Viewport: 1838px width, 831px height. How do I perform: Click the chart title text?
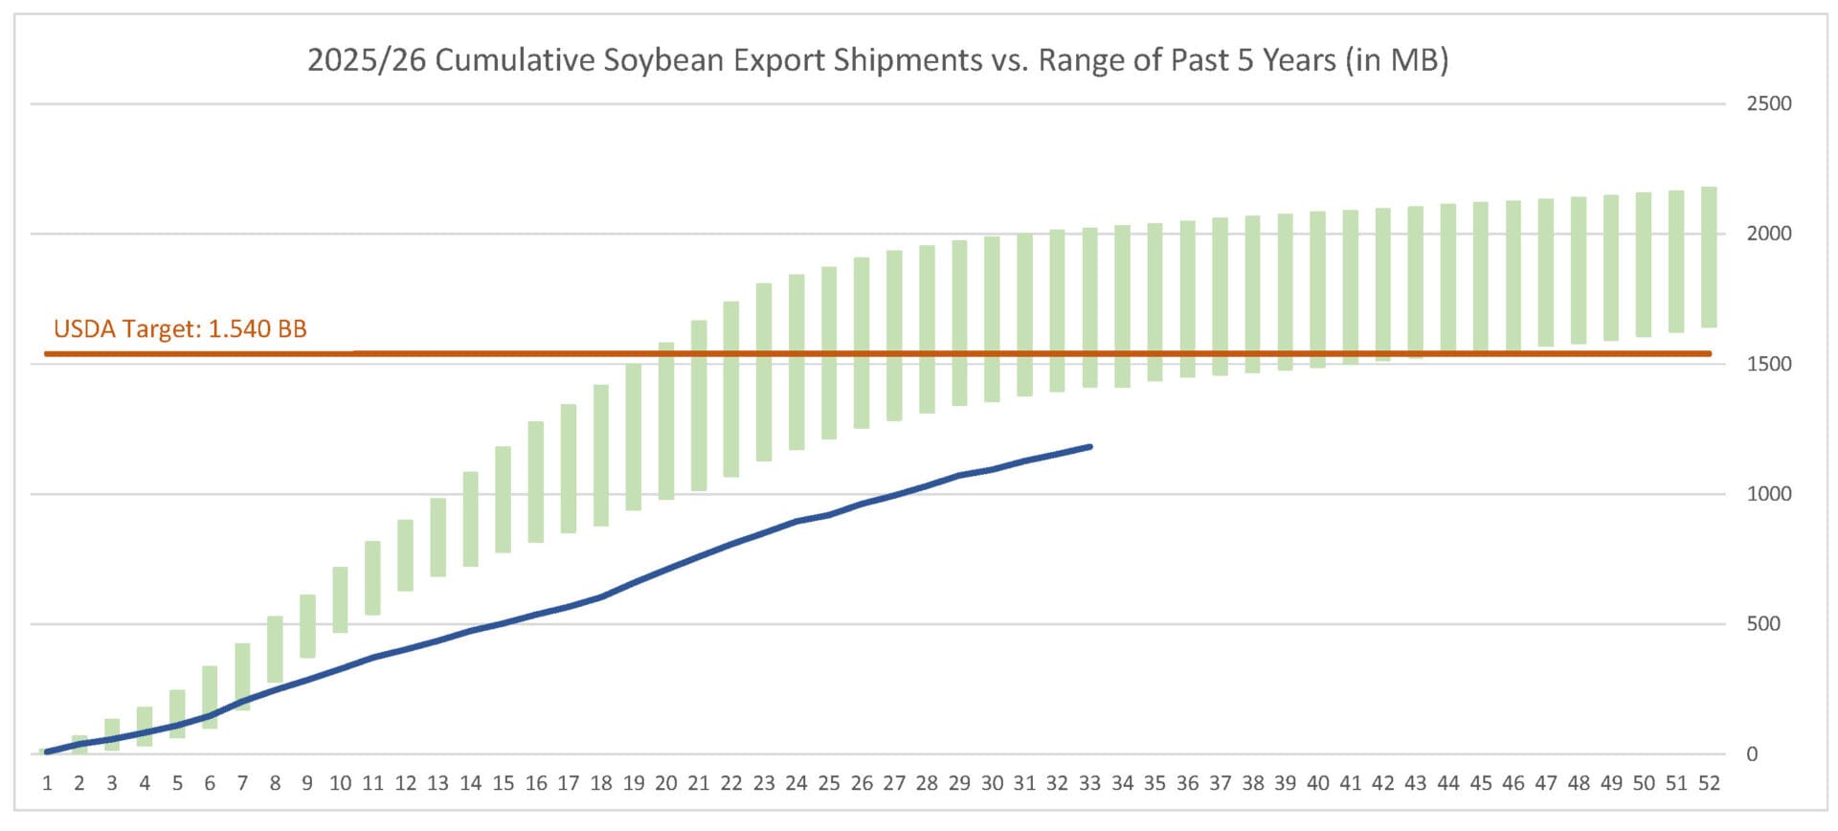pos(877,60)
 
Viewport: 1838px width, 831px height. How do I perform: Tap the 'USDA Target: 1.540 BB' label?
pos(180,329)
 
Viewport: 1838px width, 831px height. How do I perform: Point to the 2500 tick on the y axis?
pos(1768,103)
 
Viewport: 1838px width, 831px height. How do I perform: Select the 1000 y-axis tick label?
pos(1768,494)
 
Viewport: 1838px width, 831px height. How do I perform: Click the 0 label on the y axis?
pos(1752,754)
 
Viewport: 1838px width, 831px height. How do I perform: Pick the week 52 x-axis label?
pos(1709,783)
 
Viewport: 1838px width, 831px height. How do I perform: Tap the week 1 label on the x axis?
pos(47,783)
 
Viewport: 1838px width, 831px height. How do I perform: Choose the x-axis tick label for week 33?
pos(1089,783)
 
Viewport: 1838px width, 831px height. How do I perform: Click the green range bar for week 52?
pos(1709,257)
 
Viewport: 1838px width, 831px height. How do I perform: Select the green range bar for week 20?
pos(666,421)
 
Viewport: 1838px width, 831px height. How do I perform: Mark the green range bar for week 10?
pos(340,600)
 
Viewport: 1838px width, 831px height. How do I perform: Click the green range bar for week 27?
pos(894,335)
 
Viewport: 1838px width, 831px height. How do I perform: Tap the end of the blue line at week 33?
pos(1089,447)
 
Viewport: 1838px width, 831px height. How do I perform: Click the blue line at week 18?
pos(601,596)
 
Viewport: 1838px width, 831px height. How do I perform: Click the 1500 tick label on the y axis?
pos(1768,364)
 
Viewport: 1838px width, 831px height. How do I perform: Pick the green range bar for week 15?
pos(503,499)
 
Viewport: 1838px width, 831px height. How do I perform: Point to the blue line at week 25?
pos(829,515)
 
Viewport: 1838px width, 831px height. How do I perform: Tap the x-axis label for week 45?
pos(1480,783)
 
